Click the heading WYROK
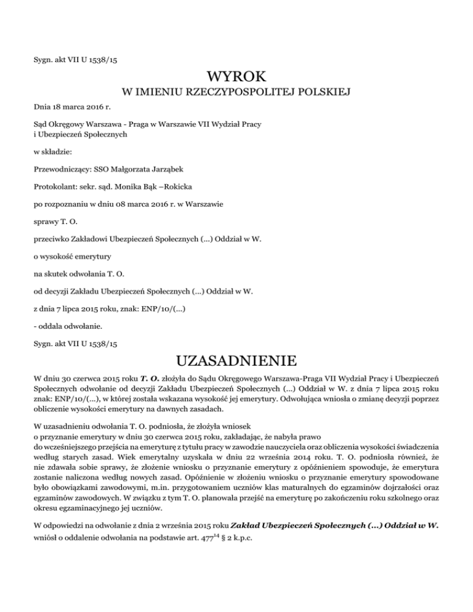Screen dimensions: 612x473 click(x=236, y=78)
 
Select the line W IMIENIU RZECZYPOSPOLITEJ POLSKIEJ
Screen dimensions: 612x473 click(x=236, y=94)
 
